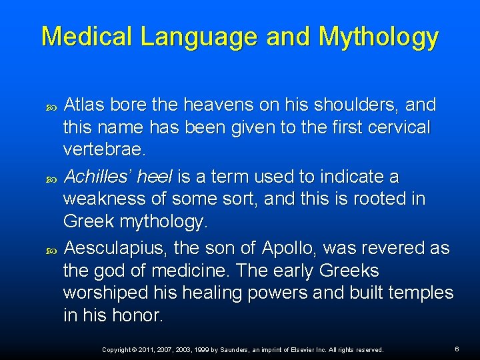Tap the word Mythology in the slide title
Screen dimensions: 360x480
click(379, 38)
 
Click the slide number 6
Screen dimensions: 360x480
click(457, 349)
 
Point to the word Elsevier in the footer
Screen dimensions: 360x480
click(301, 349)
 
